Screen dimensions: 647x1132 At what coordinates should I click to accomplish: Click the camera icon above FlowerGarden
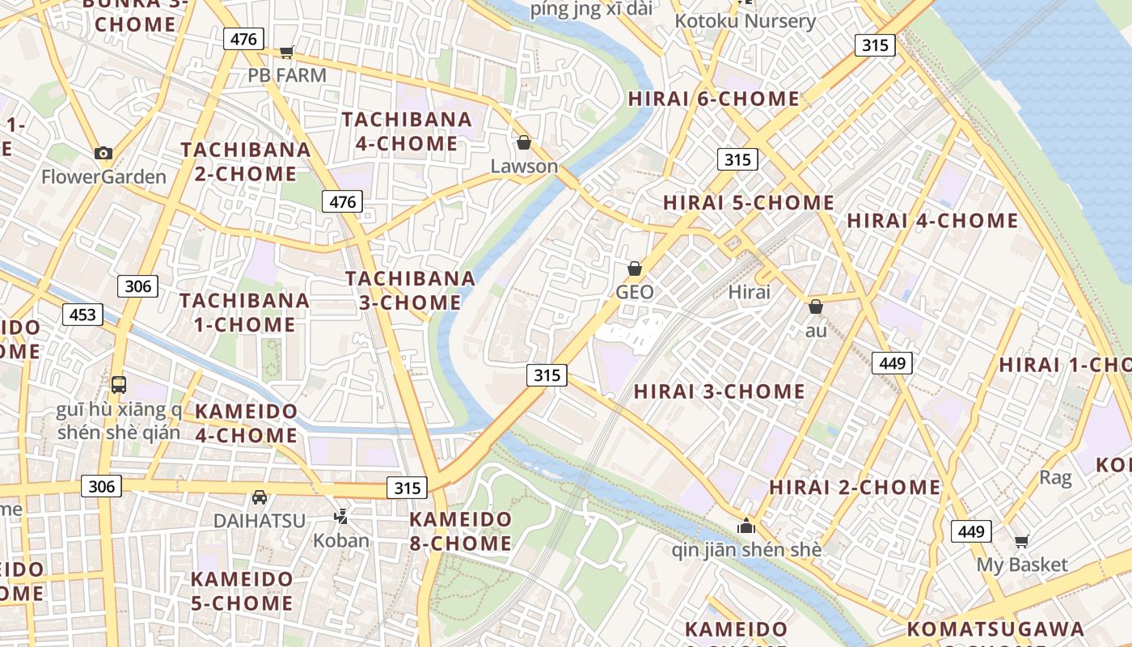pyautogui.click(x=103, y=153)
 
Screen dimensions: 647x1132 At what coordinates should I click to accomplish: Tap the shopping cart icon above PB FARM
pyautogui.click(x=286, y=53)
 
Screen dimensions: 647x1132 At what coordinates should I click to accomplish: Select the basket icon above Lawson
pyautogui.click(x=524, y=142)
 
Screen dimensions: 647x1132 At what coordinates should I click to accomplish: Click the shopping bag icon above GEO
pyautogui.click(x=635, y=268)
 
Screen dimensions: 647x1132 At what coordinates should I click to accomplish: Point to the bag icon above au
pyautogui.click(x=816, y=307)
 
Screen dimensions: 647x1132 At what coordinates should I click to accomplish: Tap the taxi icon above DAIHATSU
pyautogui.click(x=260, y=497)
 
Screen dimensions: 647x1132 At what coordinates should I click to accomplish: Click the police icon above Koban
pyautogui.click(x=341, y=516)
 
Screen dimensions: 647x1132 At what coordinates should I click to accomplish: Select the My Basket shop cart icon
pyautogui.click(x=1022, y=541)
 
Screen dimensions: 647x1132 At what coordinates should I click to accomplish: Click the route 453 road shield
pyautogui.click(x=82, y=315)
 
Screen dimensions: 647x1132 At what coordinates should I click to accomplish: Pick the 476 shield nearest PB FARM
pyautogui.click(x=243, y=39)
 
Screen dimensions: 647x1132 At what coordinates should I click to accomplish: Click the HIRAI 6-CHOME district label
pyautogui.click(x=714, y=99)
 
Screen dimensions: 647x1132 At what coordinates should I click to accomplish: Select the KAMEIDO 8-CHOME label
pyautogui.click(x=460, y=531)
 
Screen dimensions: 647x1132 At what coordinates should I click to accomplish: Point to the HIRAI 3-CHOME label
pyautogui.click(x=719, y=391)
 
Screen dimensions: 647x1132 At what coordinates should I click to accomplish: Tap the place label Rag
pyautogui.click(x=1055, y=477)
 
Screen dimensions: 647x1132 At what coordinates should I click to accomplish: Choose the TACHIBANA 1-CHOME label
pyautogui.click(x=244, y=312)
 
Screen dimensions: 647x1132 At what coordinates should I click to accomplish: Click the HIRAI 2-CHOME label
pyautogui.click(x=855, y=487)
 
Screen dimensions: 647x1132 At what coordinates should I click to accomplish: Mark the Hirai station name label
pyautogui.click(x=750, y=292)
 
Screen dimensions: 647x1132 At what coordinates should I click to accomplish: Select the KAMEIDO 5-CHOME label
pyautogui.click(x=242, y=590)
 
